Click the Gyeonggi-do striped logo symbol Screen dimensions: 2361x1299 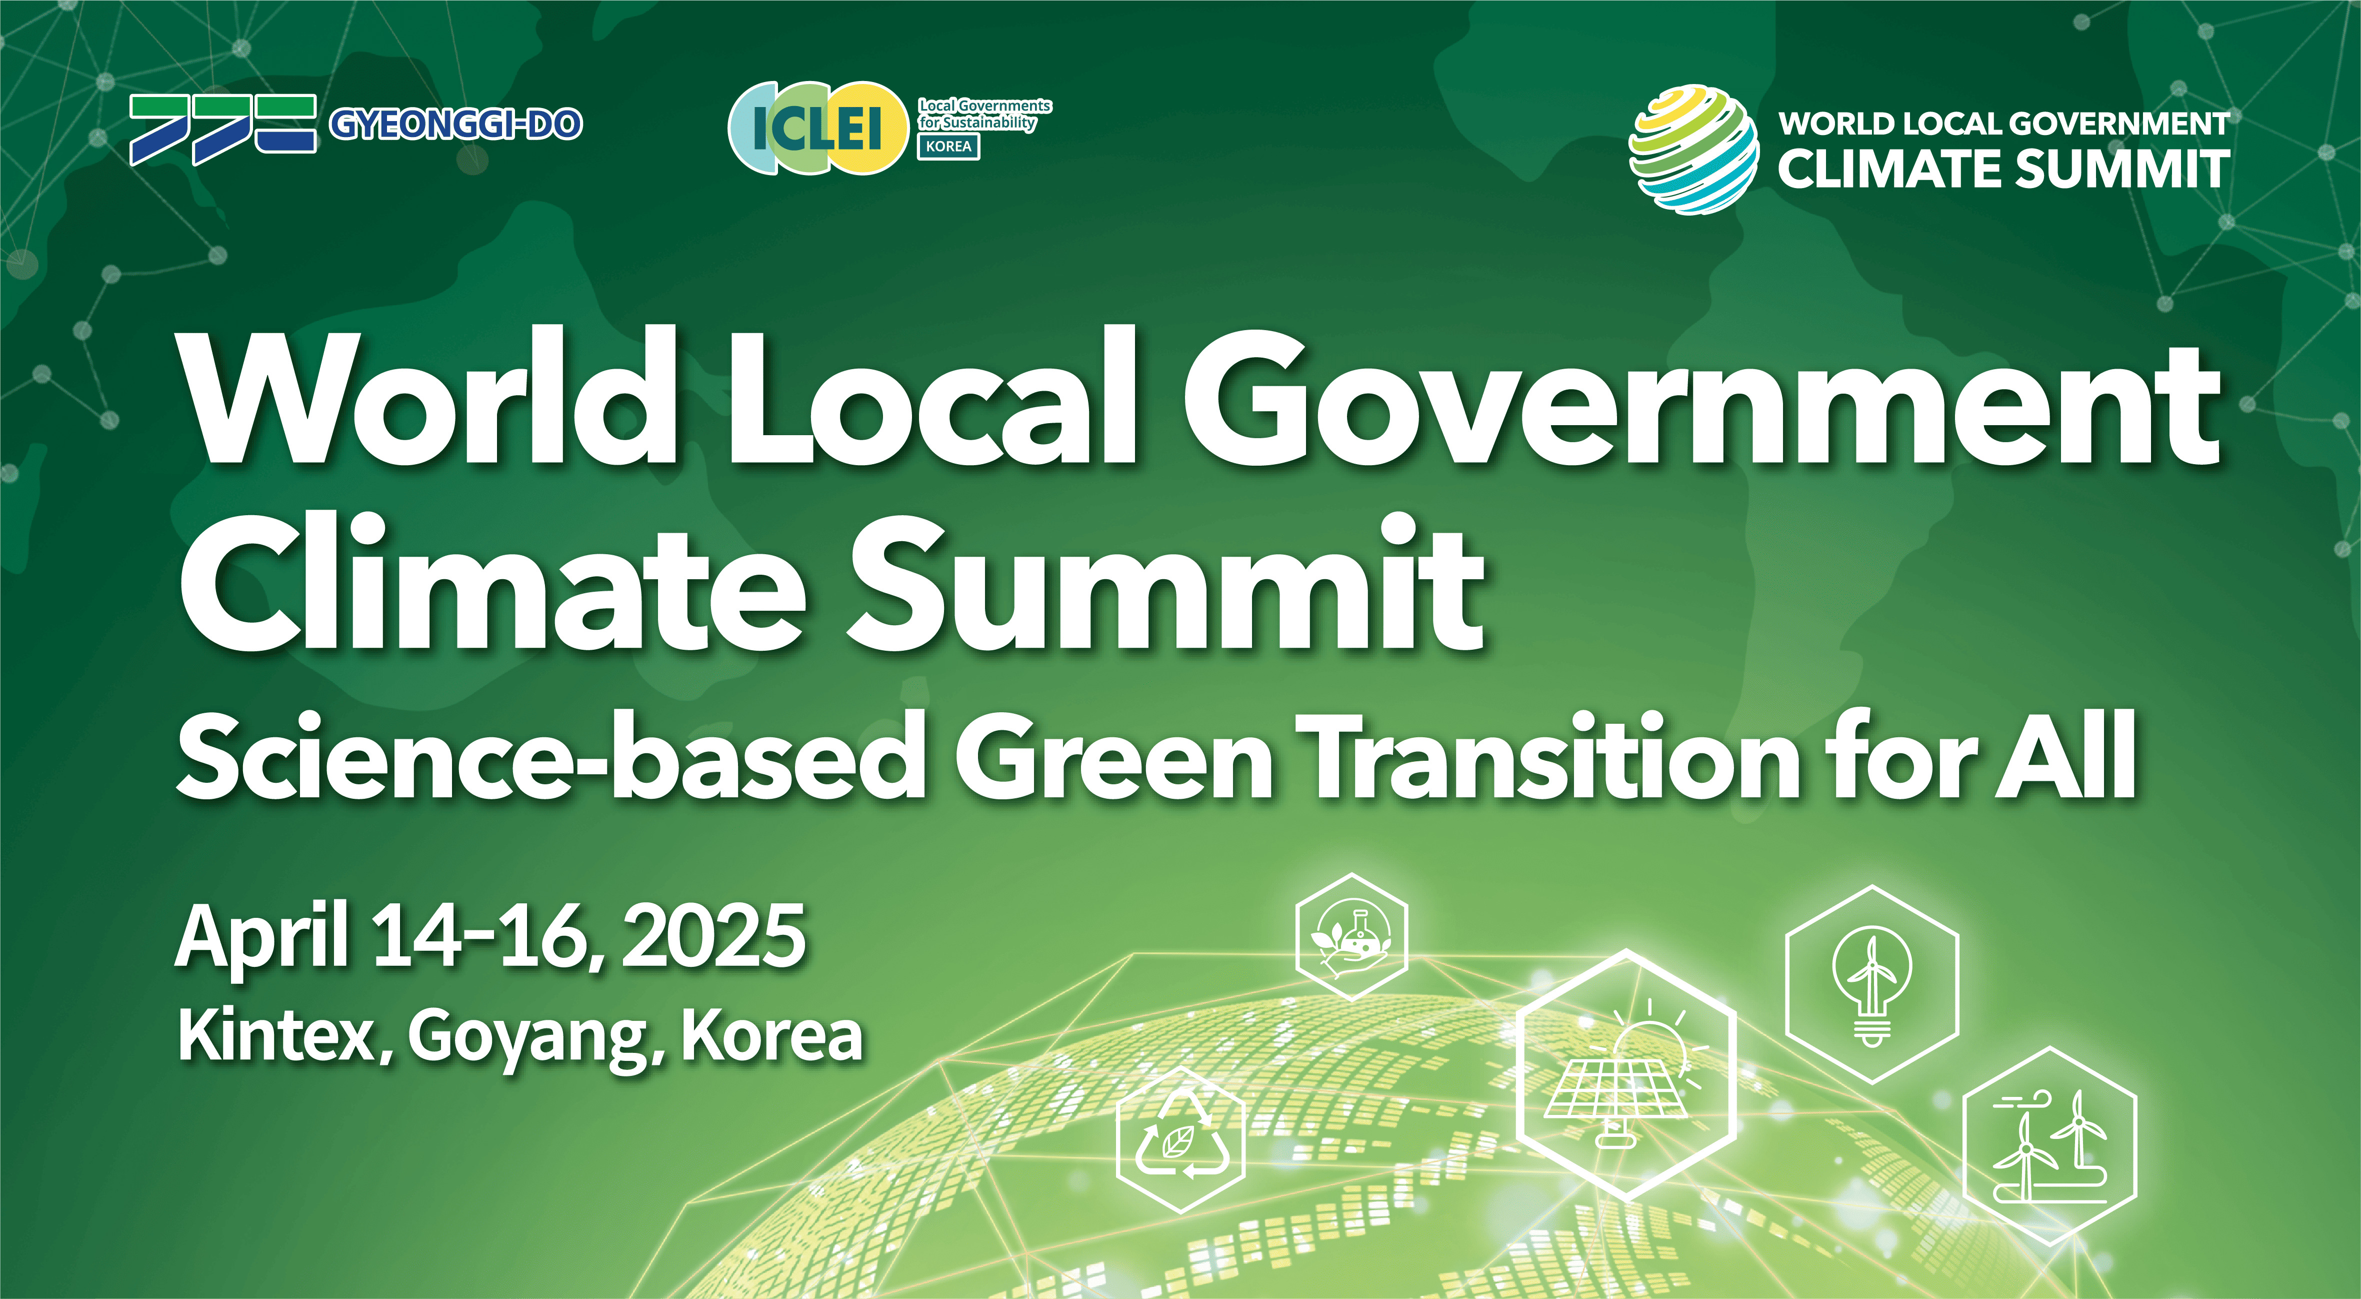222,129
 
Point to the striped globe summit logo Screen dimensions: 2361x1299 1693,150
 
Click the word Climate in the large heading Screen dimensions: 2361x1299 493,583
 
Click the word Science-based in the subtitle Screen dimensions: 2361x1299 550,754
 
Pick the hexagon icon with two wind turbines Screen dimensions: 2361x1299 2049,1146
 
